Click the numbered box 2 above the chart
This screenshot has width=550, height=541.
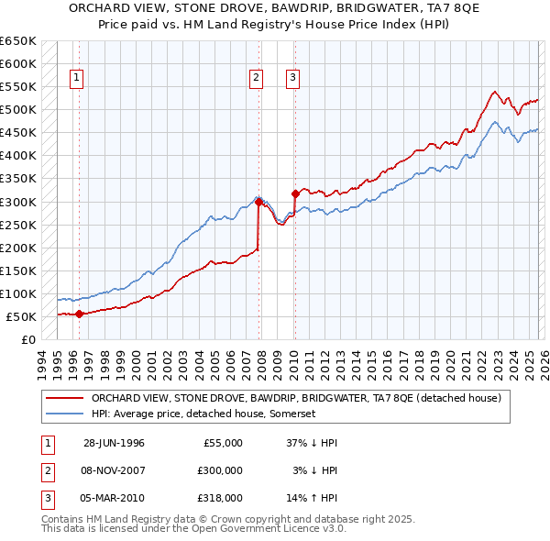tap(256, 78)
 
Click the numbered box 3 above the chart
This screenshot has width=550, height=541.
tap(292, 78)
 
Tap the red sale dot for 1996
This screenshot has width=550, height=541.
tap(79, 314)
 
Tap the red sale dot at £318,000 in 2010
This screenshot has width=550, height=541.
tap(295, 193)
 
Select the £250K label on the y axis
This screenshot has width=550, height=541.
tap(18, 225)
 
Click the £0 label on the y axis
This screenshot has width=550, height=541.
tap(27, 339)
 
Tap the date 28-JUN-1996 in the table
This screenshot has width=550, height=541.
tap(114, 443)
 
